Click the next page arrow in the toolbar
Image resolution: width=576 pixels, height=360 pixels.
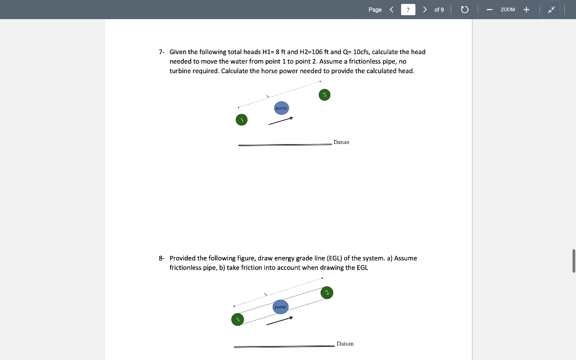click(x=425, y=10)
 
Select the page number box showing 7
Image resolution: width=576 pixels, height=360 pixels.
click(x=408, y=10)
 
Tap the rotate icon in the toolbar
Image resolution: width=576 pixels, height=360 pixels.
click(x=465, y=10)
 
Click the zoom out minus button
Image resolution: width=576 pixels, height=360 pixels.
click(x=489, y=10)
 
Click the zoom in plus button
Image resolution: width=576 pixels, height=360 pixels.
click(x=526, y=10)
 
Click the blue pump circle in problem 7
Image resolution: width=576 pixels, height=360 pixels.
click(x=282, y=107)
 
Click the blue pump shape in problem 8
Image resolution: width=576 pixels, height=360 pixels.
click(x=281, y=307)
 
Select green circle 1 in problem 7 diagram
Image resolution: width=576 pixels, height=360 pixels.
click(x=241, y=120)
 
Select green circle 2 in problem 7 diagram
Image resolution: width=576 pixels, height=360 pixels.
click(x=323, y=94)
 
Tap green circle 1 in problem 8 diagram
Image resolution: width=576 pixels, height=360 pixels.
click(x=237, y=319)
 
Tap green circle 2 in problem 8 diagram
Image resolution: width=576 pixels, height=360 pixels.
click(x=327, y=292)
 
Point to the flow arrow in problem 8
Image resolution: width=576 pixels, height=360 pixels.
click(x=280, y=321)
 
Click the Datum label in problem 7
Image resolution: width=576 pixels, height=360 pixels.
click(x=341, y=142)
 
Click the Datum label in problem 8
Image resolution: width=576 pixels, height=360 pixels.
click(x=345, y=343)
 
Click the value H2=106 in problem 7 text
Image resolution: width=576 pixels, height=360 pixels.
click(x=317, y=52)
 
